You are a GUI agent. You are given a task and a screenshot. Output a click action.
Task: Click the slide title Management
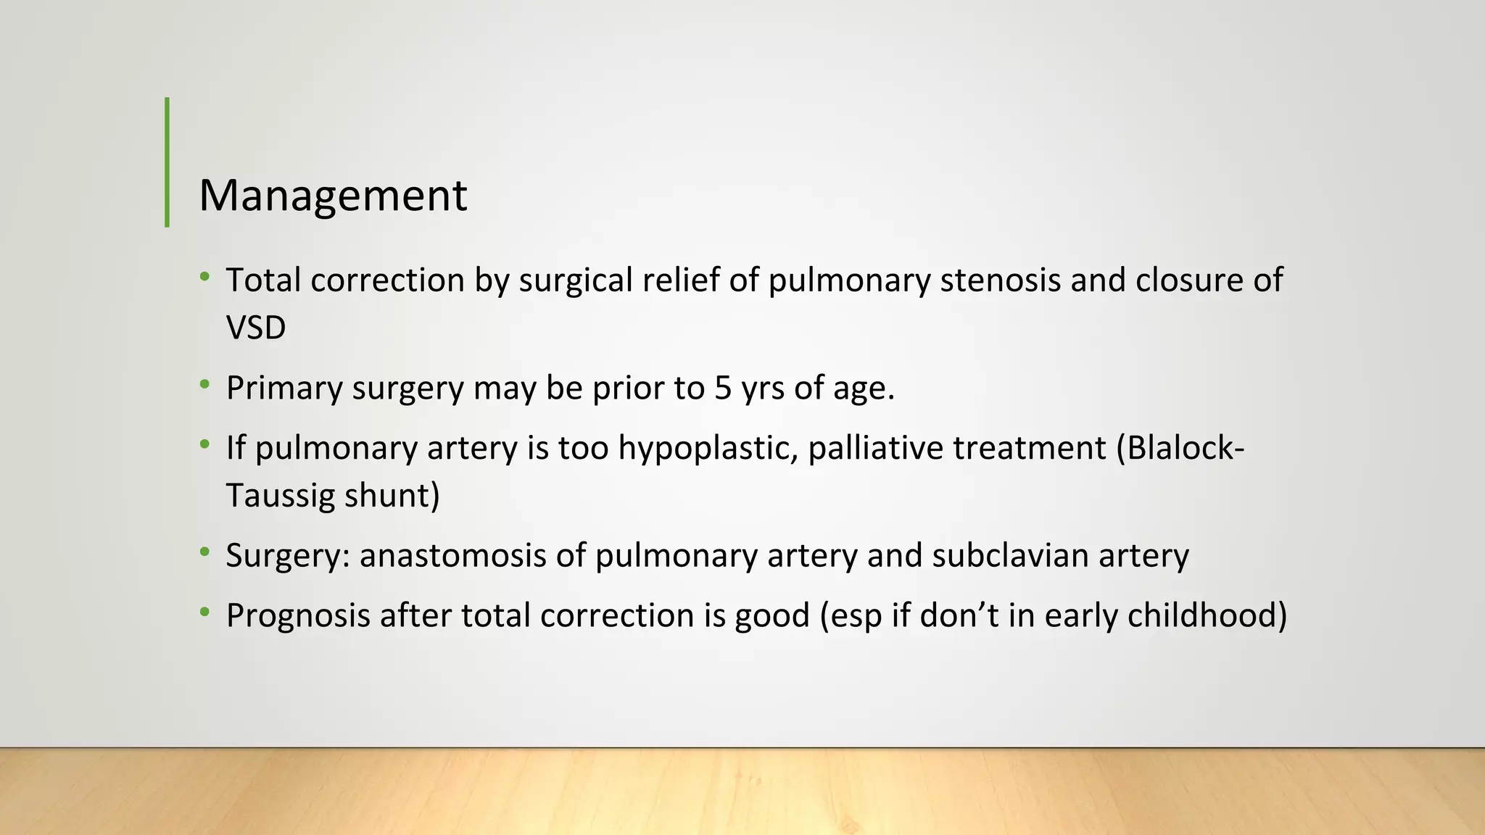tap(333, 196)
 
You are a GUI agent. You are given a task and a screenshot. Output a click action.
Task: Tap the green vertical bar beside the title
tap(167, 162)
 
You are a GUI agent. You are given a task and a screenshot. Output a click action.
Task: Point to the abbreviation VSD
tap(256, 328)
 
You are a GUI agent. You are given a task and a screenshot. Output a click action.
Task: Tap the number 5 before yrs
tap(723, 389)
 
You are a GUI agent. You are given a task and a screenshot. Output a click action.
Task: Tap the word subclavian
tap(1010, 556)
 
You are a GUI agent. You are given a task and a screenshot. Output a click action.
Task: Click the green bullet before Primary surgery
tap(205, 384)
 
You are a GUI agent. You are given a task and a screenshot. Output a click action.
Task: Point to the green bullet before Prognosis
tap(205, 612)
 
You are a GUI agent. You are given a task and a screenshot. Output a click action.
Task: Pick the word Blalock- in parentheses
tap(1180, 448)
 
